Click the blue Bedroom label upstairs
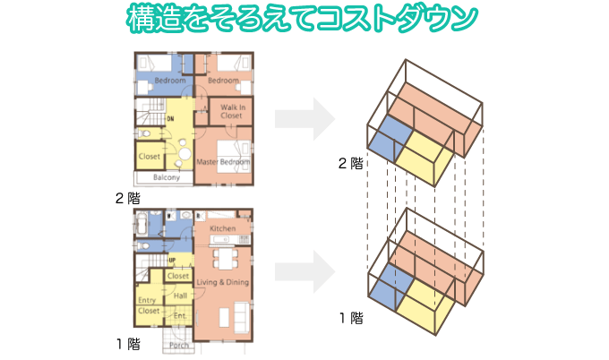click(x=168, y=81)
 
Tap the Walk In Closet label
click(x=231, y=112)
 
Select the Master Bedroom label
click(x=222, y=161)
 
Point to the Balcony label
click(x=167, y=177)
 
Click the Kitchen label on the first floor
click(x=222, y=228)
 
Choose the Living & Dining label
click(x=221, y=283)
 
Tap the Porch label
click(x=178, y=345)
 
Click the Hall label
click(x=180, y=296)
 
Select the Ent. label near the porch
click(x=178, y=315)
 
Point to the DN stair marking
click(x=170, y=118)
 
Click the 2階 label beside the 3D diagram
click(x=350, y=164)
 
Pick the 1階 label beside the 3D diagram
click(x=350, y=317)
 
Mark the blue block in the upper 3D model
click(x=382, y=139)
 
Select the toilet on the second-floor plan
click(x=144, y=132)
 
